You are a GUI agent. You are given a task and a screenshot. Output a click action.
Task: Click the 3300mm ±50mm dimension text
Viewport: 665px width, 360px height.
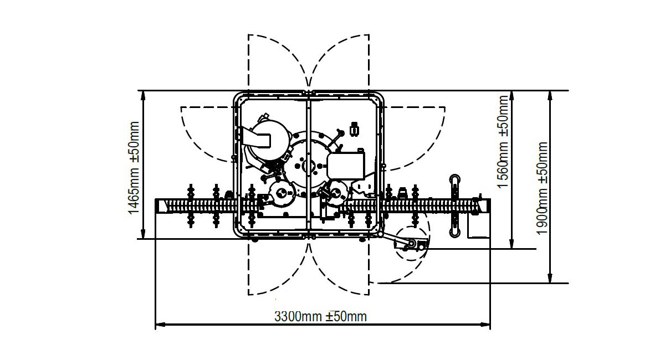321,316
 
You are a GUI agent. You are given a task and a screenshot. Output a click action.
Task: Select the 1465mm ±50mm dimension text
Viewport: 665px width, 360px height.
134,168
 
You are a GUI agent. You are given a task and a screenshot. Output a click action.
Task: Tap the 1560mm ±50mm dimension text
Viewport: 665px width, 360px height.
503,142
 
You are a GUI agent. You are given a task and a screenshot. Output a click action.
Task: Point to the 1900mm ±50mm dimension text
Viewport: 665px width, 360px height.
542,188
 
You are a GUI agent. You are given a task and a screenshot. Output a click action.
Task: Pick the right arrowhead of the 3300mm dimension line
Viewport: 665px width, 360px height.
485,325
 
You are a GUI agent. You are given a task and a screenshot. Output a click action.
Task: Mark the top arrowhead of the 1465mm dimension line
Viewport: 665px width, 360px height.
143,96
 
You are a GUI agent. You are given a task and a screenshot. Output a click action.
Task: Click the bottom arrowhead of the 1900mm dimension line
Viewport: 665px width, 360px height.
550,278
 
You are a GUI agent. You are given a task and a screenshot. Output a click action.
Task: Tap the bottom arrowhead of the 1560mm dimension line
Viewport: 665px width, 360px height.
511,243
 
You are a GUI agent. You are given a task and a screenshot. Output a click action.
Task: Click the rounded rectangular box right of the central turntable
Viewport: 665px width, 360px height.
346,166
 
